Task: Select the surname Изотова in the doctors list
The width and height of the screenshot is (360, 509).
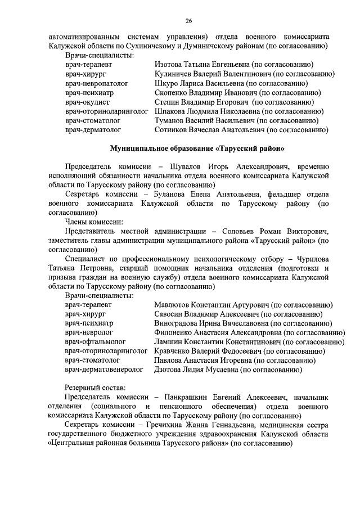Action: click(x=169, y=65)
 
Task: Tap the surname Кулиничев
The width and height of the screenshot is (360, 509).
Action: click(x=174, y=74)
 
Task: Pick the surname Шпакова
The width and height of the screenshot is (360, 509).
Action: click(x=171, y=111)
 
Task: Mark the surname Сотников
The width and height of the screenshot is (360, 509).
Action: click(x=173, y=129)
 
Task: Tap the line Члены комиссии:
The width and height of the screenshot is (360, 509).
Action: click(x=94, y=222)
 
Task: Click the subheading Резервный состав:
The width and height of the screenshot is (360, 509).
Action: click(x=95, y=388)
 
